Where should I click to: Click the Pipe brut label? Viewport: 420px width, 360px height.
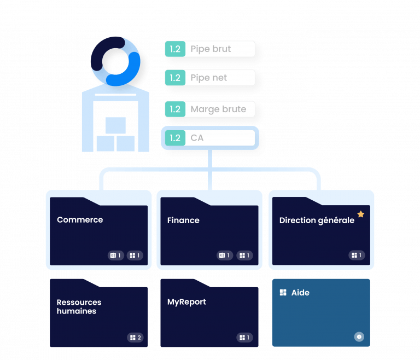click(211, 49)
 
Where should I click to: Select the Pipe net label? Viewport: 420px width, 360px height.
click(208, 78)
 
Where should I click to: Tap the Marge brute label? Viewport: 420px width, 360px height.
click(218, 109)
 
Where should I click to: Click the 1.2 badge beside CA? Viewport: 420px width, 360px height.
click(175, 138)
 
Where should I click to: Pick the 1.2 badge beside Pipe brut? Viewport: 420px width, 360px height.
click(175, 49)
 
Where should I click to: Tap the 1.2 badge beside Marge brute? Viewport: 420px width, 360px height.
click(175, 109)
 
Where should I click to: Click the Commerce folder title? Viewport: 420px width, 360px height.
click(80, 220)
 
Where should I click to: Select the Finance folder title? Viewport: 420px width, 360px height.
click(183, 220)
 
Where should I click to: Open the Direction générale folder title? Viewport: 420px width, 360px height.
click(317, 221)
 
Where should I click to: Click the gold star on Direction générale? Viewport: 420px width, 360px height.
click(360, 214)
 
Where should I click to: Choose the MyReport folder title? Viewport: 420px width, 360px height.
click(186, 302)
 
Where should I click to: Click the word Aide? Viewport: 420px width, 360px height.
click(300, 293)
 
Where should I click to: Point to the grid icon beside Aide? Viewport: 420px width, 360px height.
click(283, 293)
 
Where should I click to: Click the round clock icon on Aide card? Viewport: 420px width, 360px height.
click(359, 337)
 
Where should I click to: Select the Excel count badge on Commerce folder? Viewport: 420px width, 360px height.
click(115, 256)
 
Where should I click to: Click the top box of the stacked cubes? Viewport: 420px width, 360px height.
click(115, 126)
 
